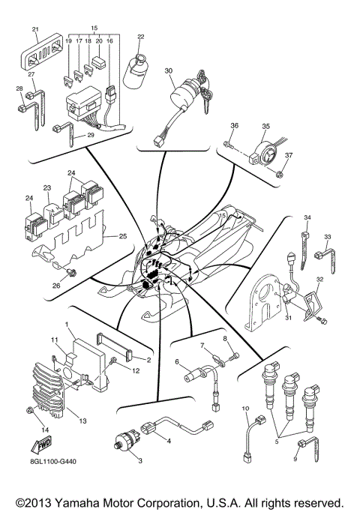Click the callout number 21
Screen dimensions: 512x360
tap(35, 30)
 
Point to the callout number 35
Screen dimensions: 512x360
tap(265, 127)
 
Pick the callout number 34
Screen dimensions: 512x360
tap(306, 217)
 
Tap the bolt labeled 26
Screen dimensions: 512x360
tap(72, 272)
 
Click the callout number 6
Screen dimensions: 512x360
tap(178, 362)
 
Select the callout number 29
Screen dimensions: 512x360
tap(91, 135)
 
